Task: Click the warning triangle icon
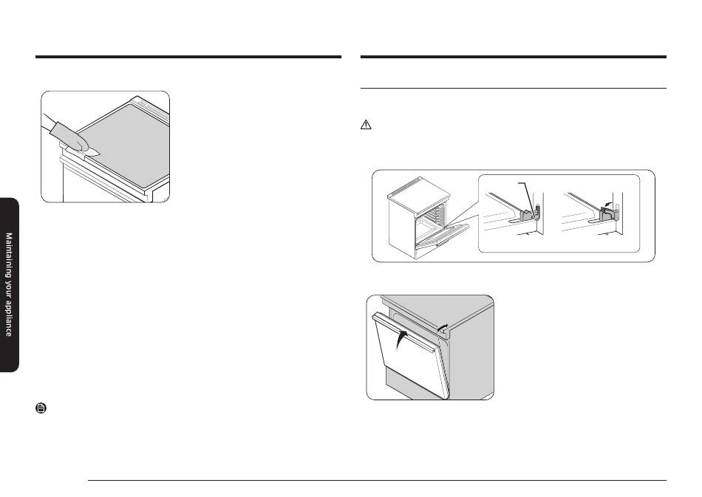[x=366, y=125]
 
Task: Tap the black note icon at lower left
[x=41, y=408]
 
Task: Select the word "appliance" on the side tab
[x=9, y=318]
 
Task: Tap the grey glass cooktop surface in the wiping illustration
[x=123, y=143]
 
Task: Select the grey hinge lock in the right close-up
[x=608, y=215]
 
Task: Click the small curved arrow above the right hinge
[x=607, y=204]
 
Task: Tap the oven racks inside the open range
[x=435, y=216]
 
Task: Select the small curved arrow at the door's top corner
[x=443, y=327]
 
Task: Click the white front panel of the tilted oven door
[x=409, y=358]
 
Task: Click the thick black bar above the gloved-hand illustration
[x=188, y=57]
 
